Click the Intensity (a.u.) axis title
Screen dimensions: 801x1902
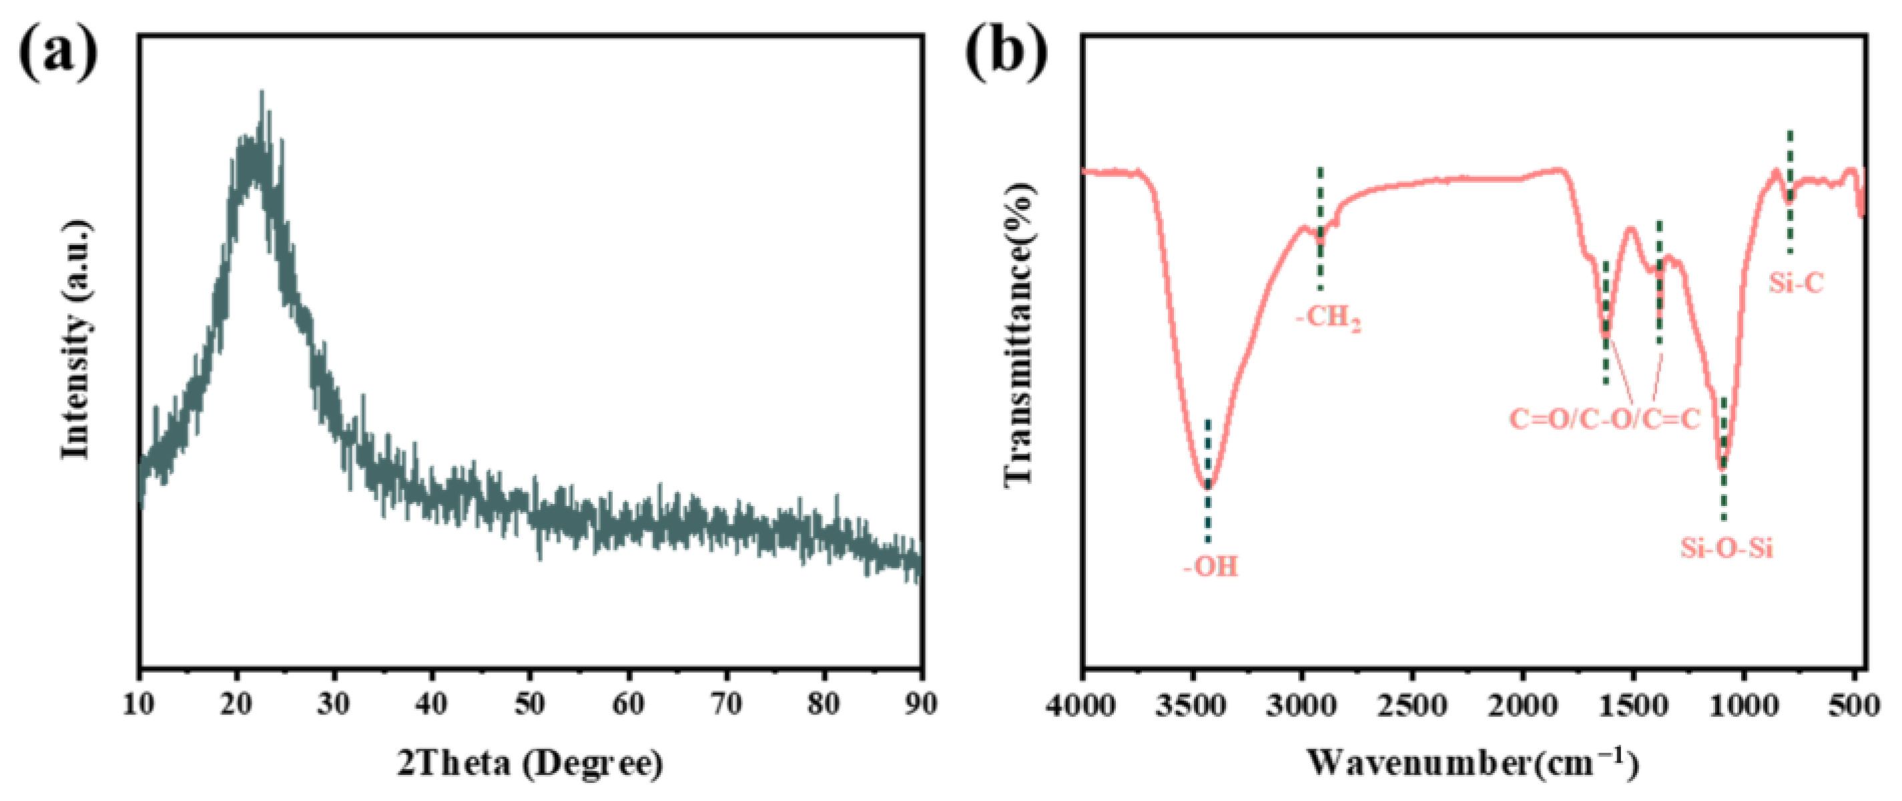point(77,340)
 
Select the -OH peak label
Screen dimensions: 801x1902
point(1211,567)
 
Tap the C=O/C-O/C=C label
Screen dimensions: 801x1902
point(1604,419)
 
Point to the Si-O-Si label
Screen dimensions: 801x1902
point(1726,549)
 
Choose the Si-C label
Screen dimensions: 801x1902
point(1796,282)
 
